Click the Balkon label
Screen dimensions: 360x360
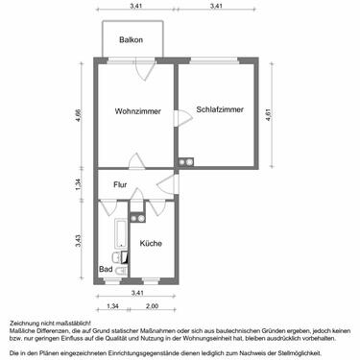click(x=131, y=39)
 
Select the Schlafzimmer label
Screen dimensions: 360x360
click(x=219, y=109)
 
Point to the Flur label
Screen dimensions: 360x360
click(x=120, y=184)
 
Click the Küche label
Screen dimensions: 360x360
click(x=151, y=244)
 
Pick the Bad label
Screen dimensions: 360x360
click(x=105, y=270)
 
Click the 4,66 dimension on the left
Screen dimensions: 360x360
click(x=79, y=118)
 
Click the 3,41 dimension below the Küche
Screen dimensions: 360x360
click(x=137, y=292)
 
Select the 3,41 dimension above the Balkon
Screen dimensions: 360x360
click(x=137, y=8)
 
